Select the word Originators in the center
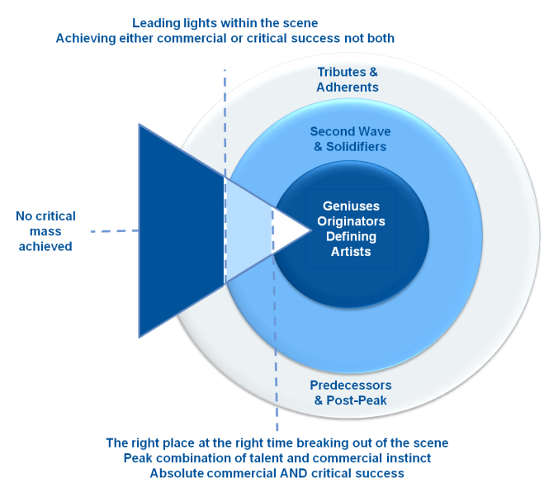click(x=351, y=222)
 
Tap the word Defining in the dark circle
click(x=351, y=237)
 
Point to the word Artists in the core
click(x=351, y=251)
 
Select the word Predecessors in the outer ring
click(x=351, y=386)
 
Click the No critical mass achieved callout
click(x=45, y=230)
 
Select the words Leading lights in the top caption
click(x=171, y=23)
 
